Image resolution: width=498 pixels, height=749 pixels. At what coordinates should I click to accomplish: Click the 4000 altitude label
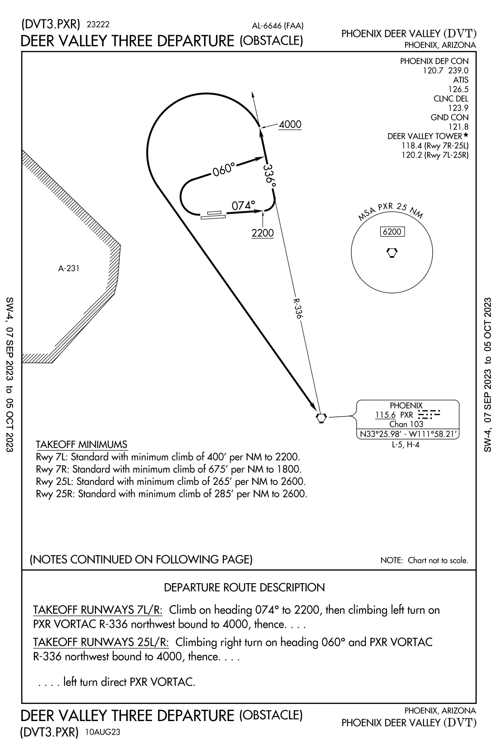point(290,124)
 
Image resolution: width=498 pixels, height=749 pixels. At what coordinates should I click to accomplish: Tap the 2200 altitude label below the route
point(263,233)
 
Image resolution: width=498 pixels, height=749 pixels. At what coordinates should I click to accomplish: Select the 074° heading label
point(243,206)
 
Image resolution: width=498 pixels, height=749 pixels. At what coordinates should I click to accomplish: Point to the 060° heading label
point(224,170)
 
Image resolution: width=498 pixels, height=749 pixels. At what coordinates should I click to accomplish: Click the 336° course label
point(269,176)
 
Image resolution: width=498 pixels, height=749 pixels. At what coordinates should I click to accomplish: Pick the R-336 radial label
point(296,308)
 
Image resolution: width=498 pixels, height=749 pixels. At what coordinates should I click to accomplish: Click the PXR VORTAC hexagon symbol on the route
point(321,418)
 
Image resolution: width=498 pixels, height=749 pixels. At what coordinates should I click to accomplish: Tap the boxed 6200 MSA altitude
point(392,232)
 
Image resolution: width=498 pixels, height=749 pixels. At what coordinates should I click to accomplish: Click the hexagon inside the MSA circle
point(392,252)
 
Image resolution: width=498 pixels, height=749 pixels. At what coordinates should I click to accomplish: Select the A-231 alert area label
point(69,269)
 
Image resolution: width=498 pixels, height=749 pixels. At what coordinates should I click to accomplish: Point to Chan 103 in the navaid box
point(406,424)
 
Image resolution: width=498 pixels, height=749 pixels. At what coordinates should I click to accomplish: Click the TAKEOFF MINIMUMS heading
point(81,444)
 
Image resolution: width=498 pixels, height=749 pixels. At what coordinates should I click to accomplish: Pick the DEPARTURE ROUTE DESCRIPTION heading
point(244,588)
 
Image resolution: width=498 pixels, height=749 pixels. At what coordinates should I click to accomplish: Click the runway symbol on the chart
point(213,215)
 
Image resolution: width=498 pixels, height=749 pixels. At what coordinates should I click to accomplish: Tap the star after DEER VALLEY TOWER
point(466,135)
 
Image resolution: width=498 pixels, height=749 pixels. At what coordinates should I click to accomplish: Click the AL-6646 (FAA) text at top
point(277,26)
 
